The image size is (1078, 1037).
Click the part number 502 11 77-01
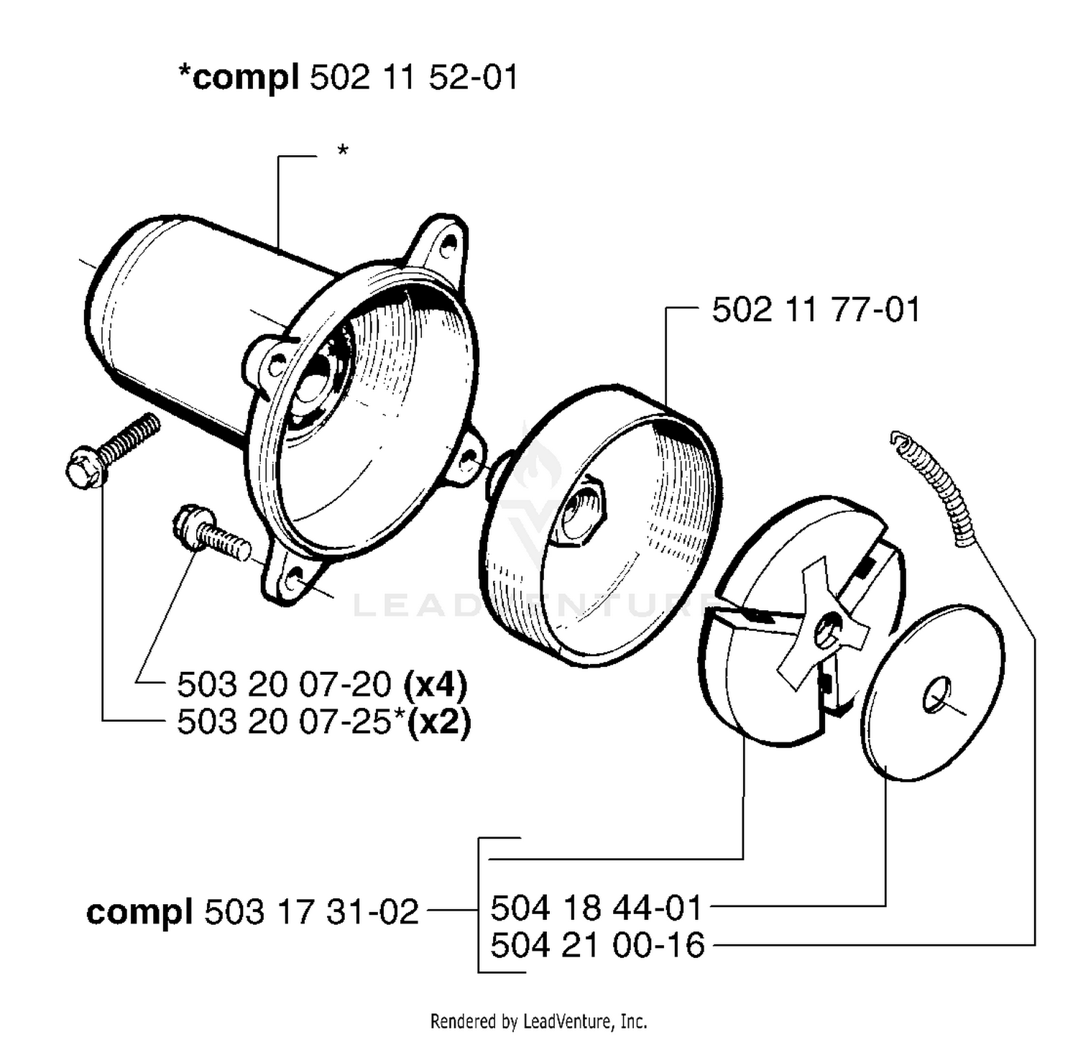[x=816, y=310]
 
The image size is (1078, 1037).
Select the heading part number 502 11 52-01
[x=413, y=77]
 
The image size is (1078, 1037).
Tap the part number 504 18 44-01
[x=596, y=908]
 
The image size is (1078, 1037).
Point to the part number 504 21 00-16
[x=597, y=945]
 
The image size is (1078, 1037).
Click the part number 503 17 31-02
[x=312, y=912]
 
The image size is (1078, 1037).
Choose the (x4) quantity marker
[x=436, y=684]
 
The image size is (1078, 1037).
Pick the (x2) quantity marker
[x=438, y=722]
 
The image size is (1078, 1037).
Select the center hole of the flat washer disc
[x=936, y=695]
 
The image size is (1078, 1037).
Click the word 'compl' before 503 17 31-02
[x=139, y=913]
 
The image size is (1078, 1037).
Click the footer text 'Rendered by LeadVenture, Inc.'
[x=538, y=1020]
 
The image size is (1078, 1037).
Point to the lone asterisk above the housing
[x=343, y=150]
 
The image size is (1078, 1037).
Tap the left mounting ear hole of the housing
[x=276, y=364]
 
